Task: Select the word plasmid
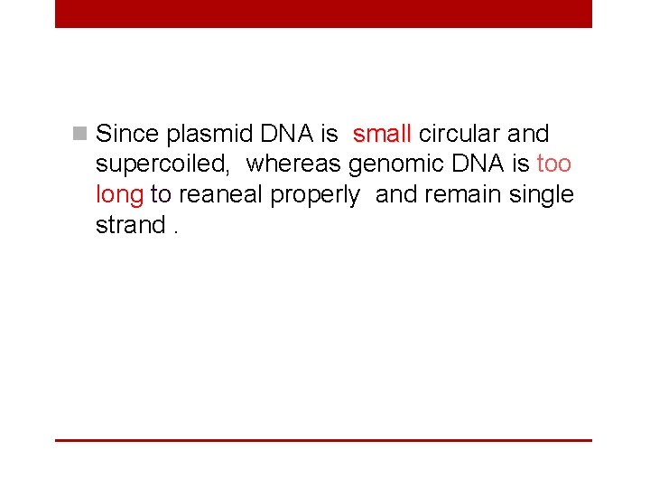pos(210,135)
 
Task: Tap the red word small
pos(382,135)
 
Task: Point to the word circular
pos(460,135)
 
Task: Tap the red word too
pos(554,164)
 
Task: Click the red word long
pos(120,195)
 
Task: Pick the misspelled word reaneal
pos(221,195)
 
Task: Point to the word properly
pos(315,195)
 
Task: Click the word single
pos(543,195)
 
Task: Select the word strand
pos(130,225)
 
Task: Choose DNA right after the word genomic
pos(480,164)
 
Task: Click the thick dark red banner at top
pos(323,14)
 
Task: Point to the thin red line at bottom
pos(323,440)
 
